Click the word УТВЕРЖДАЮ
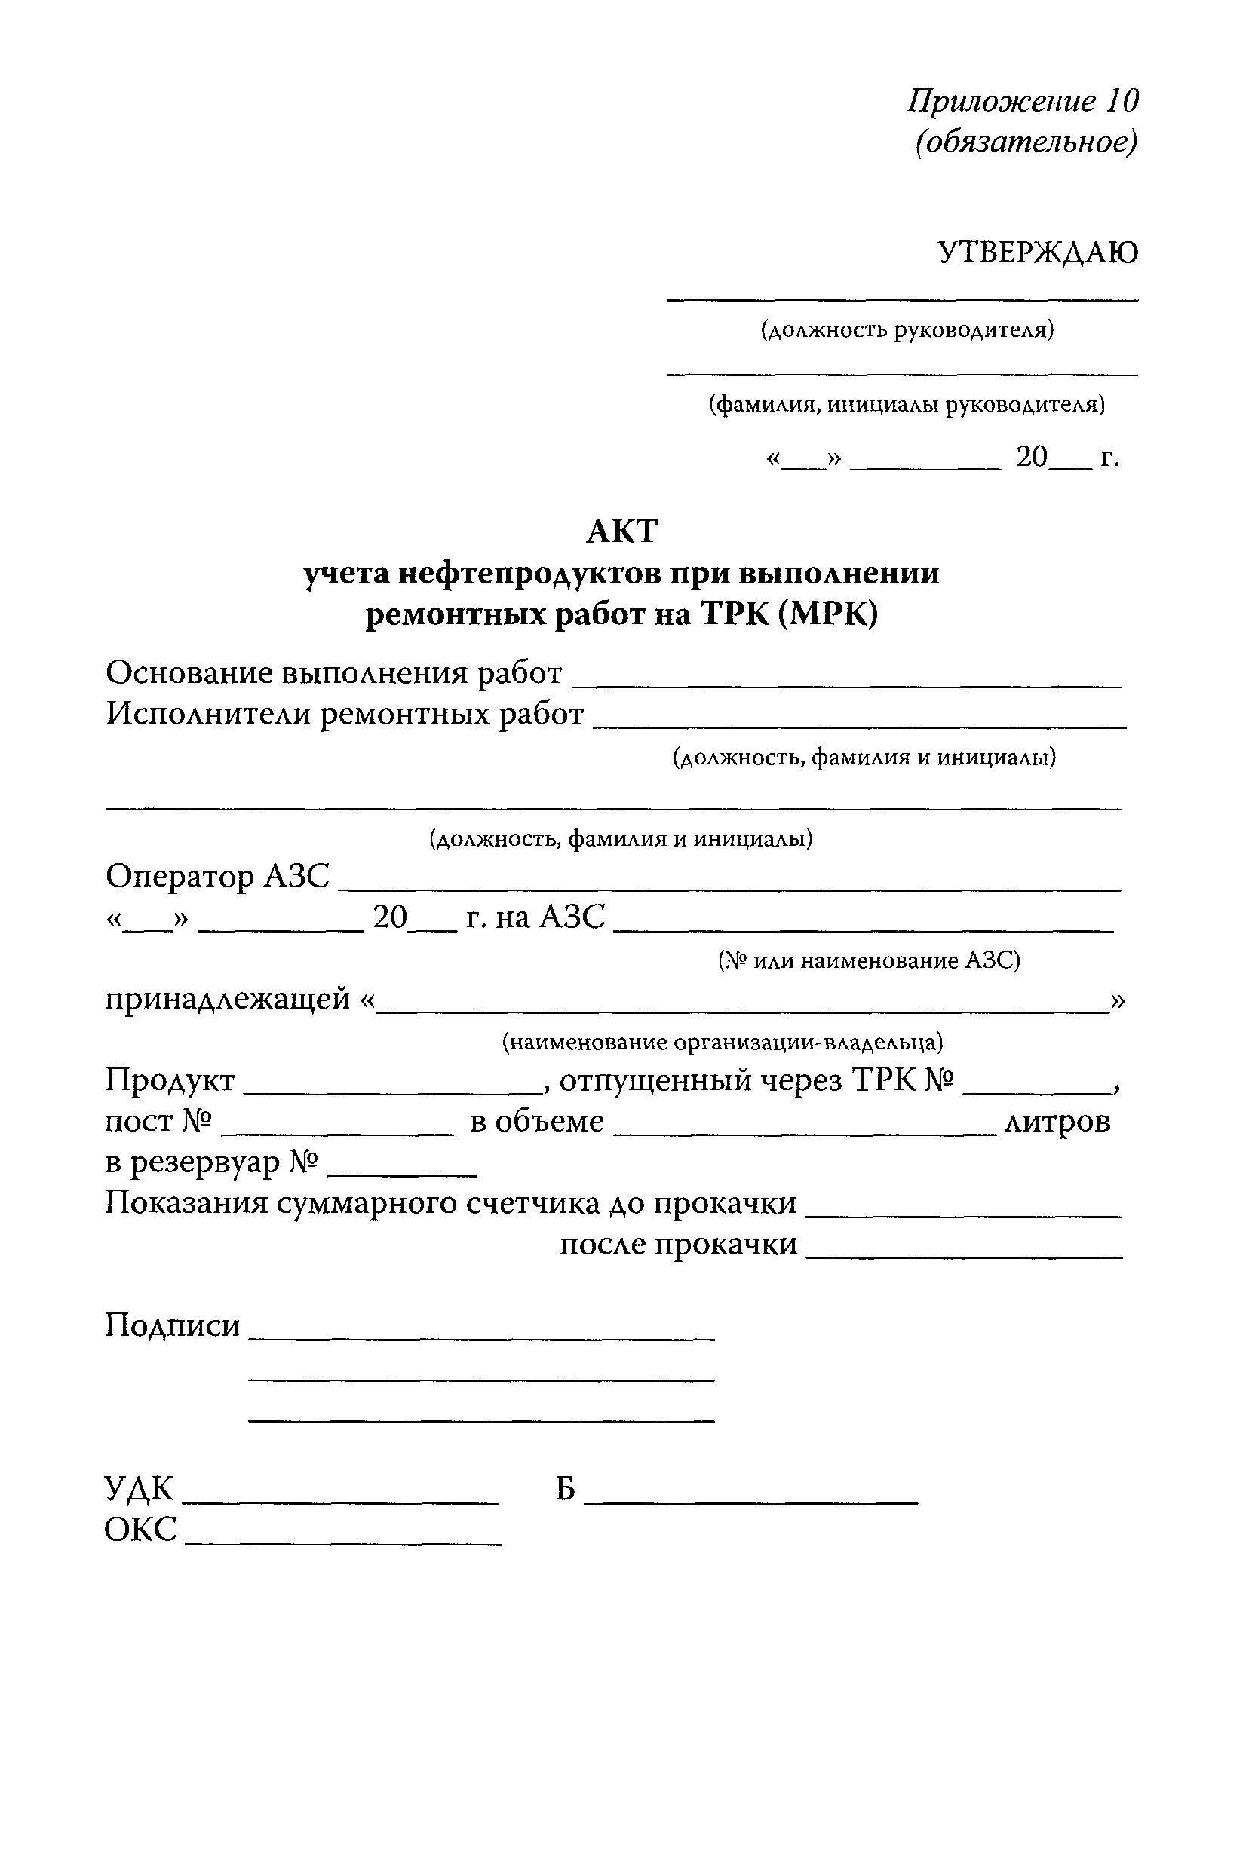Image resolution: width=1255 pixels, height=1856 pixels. pos(1037,253)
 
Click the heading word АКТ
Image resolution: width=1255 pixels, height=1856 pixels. pos(621,531)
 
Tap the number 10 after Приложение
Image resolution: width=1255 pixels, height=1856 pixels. pos(1122,100)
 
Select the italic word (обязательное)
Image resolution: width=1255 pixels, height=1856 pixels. pos(1026,143)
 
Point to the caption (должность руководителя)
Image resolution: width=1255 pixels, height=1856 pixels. pos(906,330)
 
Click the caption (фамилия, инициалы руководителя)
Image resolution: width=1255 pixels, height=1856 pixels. pos(906,405)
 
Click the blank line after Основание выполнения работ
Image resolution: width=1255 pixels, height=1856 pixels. pos(847,685)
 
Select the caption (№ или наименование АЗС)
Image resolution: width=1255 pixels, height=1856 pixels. pos(868,960)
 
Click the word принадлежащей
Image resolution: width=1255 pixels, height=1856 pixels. pos(228,999)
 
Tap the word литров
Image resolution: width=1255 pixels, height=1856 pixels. pos(1057,1122)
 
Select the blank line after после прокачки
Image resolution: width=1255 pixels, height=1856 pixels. pos(963,1256)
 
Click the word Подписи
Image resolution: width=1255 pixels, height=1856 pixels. pos(172,1326)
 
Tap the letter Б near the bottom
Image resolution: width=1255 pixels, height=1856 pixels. pos(566,1489)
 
